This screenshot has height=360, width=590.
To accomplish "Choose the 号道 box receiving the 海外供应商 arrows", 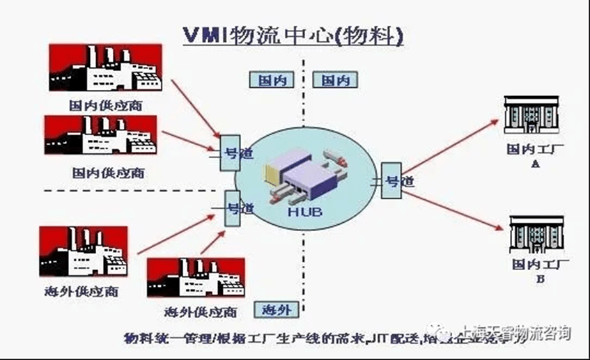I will point(233,208).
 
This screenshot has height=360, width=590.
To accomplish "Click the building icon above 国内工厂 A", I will point(533,117).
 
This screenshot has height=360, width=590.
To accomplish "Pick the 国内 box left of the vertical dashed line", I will point(269,80).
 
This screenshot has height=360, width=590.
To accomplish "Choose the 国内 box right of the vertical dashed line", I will point(335,80).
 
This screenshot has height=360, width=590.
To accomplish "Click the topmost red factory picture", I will point(105,68).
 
